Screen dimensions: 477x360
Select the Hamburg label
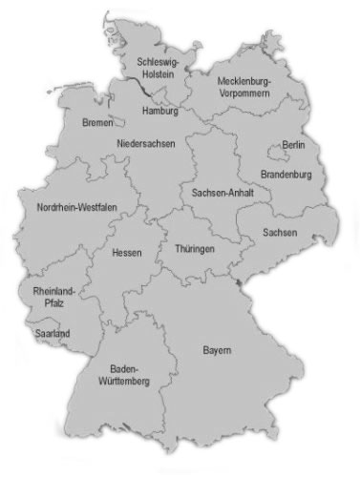(x=159, y=111)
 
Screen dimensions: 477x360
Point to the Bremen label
(x=97, y=123)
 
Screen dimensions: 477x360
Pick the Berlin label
(x=294, y=147)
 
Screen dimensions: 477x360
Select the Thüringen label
(x=195, y=249)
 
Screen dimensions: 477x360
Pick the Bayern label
(x=217, y=351)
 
